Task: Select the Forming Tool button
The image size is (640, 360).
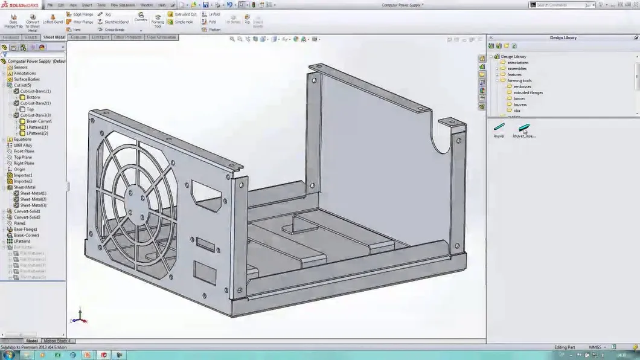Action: click(x=158, y=20)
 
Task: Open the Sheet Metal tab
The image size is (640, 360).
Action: click(x=54, y=37)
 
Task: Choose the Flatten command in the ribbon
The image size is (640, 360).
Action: click(x=214, y=30)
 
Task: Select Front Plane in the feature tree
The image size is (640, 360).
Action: click(x=24, y=151)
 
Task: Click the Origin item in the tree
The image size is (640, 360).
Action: click(x=19, y=169)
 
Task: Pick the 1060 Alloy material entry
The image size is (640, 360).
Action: click(x=23, y=145)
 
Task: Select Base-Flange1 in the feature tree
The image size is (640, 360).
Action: click(x=25, y=230)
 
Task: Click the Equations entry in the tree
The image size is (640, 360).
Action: click(x=22, y=139)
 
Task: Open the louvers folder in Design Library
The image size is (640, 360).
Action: click(x=519, y=104)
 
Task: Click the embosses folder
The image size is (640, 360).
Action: click(x=522, y=86)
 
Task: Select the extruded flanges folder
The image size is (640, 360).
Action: click(x=528, y=92)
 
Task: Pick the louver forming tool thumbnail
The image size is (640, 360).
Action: click(x=499, y=127)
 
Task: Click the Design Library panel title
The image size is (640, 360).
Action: click(x=563, y=37)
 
